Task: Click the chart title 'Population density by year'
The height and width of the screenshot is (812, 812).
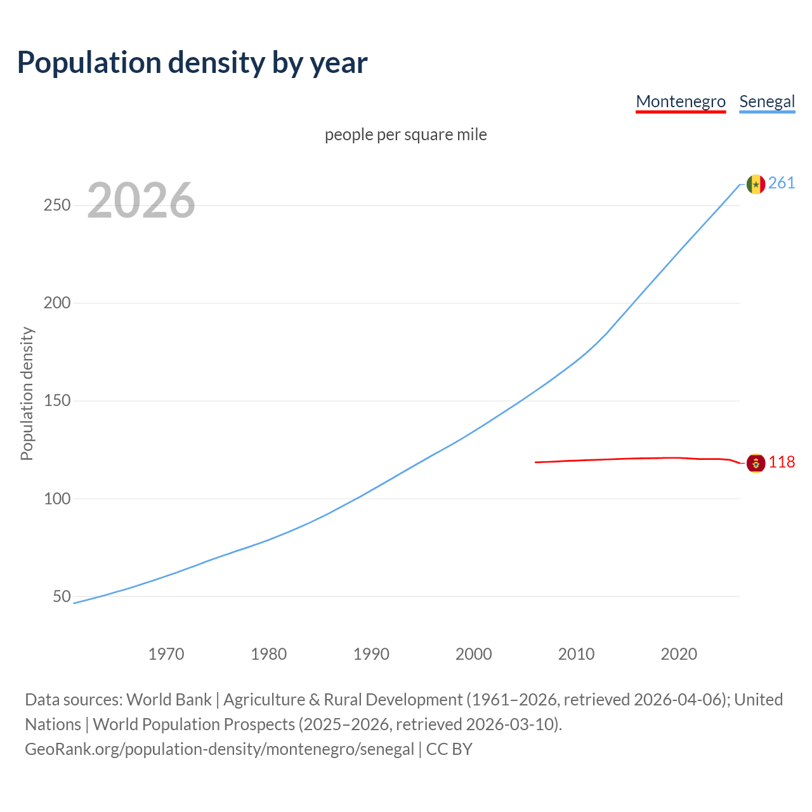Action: [192, 63]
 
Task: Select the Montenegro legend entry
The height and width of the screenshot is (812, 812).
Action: [681, 101]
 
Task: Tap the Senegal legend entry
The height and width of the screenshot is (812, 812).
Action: [767, 101]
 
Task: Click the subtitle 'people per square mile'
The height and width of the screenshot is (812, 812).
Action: [406, 134]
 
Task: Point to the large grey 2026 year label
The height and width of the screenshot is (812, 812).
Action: [141, 200]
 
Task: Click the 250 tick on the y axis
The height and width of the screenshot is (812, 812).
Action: [57, 206]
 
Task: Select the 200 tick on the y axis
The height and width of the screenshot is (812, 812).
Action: [57, 303]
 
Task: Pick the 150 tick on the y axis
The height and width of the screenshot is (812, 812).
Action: [57, 401]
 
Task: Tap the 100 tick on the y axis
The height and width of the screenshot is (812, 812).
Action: [57, 499]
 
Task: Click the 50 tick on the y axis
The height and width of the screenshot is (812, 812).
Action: [62, 596]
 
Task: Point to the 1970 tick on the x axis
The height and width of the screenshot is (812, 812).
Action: [166, 654]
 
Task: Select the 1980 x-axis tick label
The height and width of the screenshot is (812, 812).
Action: [269, 654]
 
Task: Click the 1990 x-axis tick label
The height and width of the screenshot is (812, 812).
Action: [371, 654]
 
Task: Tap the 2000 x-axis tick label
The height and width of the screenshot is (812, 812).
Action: [474, 654]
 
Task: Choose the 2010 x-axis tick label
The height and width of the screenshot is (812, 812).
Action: [576, 654]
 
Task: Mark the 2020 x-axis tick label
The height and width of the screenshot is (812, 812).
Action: [679, 654]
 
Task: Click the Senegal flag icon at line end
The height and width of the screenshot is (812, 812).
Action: [756, 184]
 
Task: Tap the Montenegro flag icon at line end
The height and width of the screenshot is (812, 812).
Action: [756, 463]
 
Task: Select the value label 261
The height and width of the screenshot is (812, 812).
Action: [782, 183]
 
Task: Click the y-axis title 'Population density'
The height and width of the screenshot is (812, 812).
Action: [27, 393]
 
